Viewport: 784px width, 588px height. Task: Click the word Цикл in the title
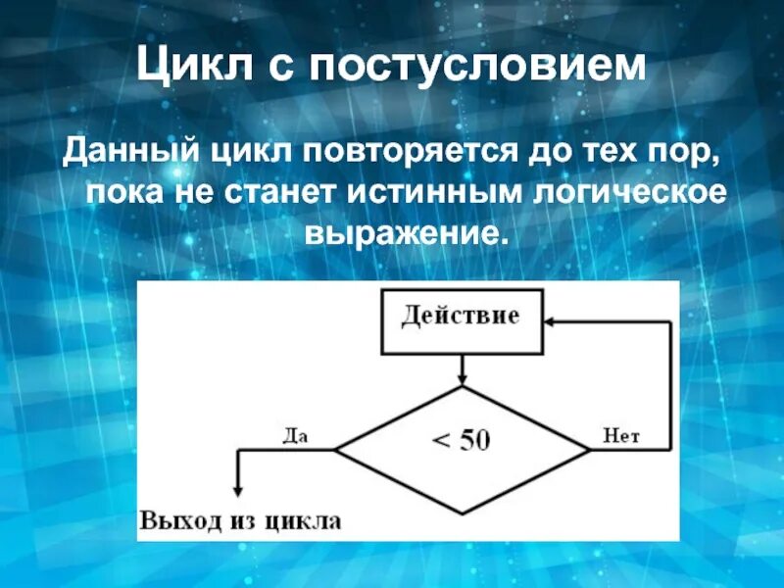[x=190, y=67]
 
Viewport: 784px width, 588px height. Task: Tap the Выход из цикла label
[x=240, y=520]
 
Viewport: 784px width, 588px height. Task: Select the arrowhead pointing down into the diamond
[x=462, y=377]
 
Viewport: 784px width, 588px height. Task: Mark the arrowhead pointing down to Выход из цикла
[x=236, y=497]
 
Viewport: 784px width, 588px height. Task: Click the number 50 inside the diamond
[x=474, y=442]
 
